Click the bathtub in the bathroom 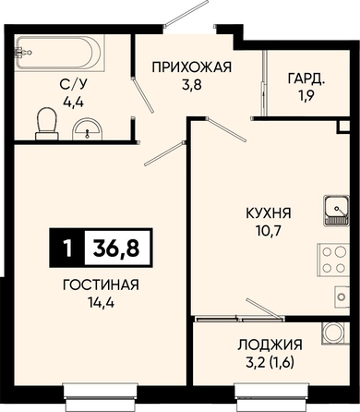(x=60, y=53)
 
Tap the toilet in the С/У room (x=47, y=123)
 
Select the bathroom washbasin (x=87, y=128)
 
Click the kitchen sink (x=336, y=210)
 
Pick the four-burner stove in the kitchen (x=333, y=260)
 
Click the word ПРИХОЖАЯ (x=191, y=67)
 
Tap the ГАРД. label (x=306, y=79)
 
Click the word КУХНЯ (x=268, y=213)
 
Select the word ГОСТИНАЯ (x=101, y=285)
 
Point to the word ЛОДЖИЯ (x=270, y=345)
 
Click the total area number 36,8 (x=117, y=248)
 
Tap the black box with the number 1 (x=67, y=248)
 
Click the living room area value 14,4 (x=101, y=303)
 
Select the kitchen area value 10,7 (x=268, y=231)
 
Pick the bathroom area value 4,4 (x=73, y=102)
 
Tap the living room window (x=100, y=394)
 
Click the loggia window (x=271, y=394)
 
